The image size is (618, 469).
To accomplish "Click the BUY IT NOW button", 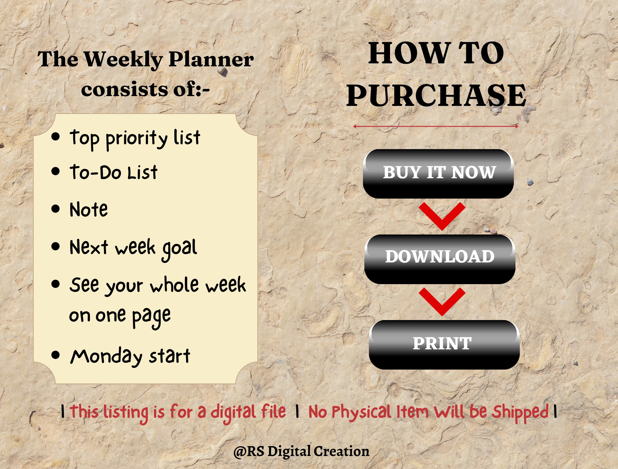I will (438, 174).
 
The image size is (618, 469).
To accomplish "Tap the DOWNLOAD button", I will (440, 259).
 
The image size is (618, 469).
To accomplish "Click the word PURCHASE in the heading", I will (436, 96).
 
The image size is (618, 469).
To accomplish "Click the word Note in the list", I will (89, 210).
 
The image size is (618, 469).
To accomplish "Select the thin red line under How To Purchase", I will (436, 126).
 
